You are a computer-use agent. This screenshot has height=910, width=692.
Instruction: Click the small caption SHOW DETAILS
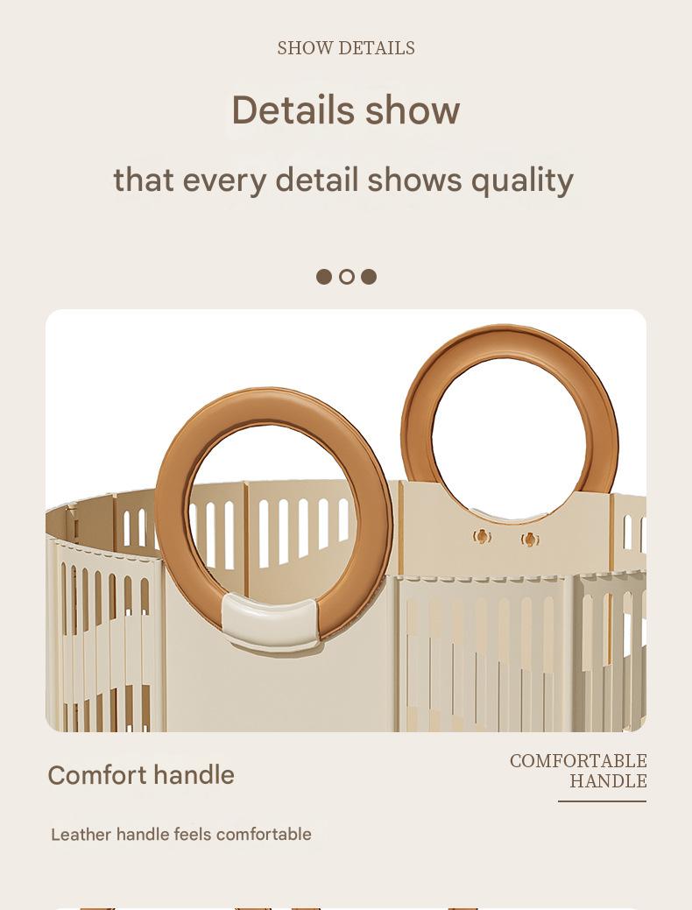(346, 48)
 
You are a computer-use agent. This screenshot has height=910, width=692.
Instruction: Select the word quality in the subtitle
(522, 180)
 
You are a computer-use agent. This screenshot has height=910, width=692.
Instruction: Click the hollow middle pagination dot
(347, 277)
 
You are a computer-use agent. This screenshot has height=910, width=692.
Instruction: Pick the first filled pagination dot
(324, 277)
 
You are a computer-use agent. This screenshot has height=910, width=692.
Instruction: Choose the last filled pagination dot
(369, 277)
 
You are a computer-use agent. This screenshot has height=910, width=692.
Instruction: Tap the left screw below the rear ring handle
(481, 537)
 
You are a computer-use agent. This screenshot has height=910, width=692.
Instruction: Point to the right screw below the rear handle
(529, 540)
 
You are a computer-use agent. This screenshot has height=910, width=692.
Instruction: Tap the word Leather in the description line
(81, 835)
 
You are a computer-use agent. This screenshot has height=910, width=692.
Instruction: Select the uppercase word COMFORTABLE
(578, 761)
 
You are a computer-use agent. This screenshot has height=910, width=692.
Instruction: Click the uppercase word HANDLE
(608, 781)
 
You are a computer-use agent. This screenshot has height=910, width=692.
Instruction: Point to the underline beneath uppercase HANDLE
(602, 801)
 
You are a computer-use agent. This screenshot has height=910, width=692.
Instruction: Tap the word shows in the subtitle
(414, 180)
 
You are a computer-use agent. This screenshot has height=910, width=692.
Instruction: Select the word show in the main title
(413, 110)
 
